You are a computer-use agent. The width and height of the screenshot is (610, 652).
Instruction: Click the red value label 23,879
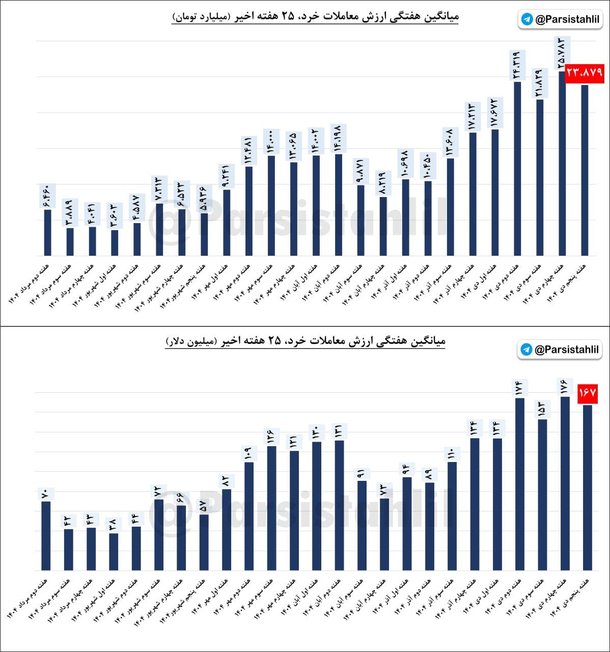point(584,73)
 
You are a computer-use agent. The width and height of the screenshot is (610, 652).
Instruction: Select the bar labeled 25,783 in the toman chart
point(562,163)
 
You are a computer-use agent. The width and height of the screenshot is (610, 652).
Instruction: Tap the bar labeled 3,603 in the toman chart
point(115,243)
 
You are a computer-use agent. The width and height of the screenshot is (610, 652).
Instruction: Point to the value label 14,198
point(338,138)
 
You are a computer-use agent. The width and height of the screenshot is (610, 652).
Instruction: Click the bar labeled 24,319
point(517,168)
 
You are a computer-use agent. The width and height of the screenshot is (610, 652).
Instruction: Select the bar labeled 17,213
point(473,194)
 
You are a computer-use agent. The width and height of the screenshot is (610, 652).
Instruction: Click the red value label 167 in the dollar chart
point(587,393)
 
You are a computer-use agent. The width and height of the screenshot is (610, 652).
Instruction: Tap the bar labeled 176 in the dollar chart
point(565,484)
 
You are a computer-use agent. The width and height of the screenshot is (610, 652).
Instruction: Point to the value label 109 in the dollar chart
point(248,453)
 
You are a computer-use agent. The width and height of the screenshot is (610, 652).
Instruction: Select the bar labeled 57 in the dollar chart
point(204,542)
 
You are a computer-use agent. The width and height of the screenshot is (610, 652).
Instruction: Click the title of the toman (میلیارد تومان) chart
point(316,17)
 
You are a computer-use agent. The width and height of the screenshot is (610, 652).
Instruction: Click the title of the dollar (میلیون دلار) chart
point(306,341)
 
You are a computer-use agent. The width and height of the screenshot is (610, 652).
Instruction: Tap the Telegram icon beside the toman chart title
point(527,19)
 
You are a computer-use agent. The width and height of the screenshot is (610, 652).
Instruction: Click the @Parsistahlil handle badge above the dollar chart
point(560,349)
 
